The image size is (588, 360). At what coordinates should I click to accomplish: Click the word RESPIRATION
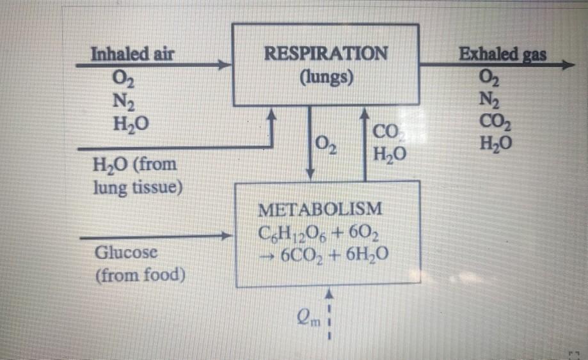(325, 53)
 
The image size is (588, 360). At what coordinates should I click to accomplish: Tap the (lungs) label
(325, 78)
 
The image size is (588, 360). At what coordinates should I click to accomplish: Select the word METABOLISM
(321, 208)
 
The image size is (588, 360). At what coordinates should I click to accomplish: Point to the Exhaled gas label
(503, 54)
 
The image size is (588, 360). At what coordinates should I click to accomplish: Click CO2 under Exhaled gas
(498, 121)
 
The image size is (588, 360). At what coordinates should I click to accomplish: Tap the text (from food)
(139, 276)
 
